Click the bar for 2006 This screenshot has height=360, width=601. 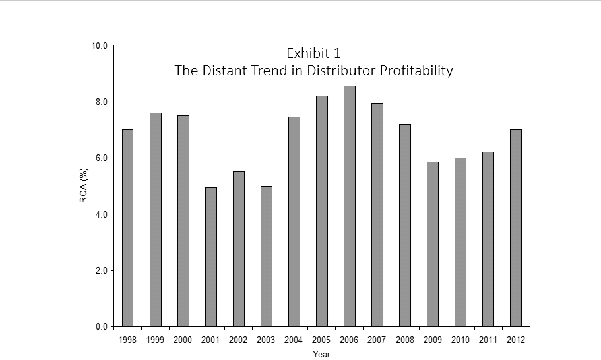350,206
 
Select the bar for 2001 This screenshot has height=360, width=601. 211,257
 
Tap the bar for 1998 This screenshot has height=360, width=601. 127,228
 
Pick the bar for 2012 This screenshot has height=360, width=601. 516,228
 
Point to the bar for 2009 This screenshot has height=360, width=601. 433,244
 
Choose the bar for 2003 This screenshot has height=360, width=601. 267,256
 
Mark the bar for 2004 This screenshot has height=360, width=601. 294,222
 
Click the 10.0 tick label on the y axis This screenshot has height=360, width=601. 100,46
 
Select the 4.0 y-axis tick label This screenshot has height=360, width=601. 102,214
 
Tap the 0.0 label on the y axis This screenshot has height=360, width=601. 102,326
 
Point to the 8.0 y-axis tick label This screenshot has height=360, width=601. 102,102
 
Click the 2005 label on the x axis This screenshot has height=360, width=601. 321,340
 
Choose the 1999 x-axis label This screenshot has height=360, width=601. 155,340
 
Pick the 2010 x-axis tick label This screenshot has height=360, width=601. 460,340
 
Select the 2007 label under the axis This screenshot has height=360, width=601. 377,340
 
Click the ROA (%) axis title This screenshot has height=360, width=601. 84,187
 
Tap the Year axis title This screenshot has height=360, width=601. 321,355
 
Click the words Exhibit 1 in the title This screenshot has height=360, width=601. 313,53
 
